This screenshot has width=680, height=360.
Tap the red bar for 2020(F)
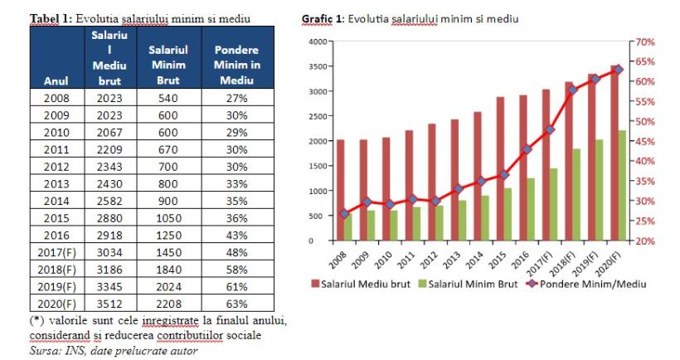click(x=614, y=153)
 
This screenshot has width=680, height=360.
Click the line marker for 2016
click(x=527, y=149)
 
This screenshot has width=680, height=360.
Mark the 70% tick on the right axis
click(x=646, y=41)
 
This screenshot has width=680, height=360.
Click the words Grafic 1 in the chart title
click(x=320, y=19)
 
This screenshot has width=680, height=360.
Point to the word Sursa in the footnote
click(x=42, y=350)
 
